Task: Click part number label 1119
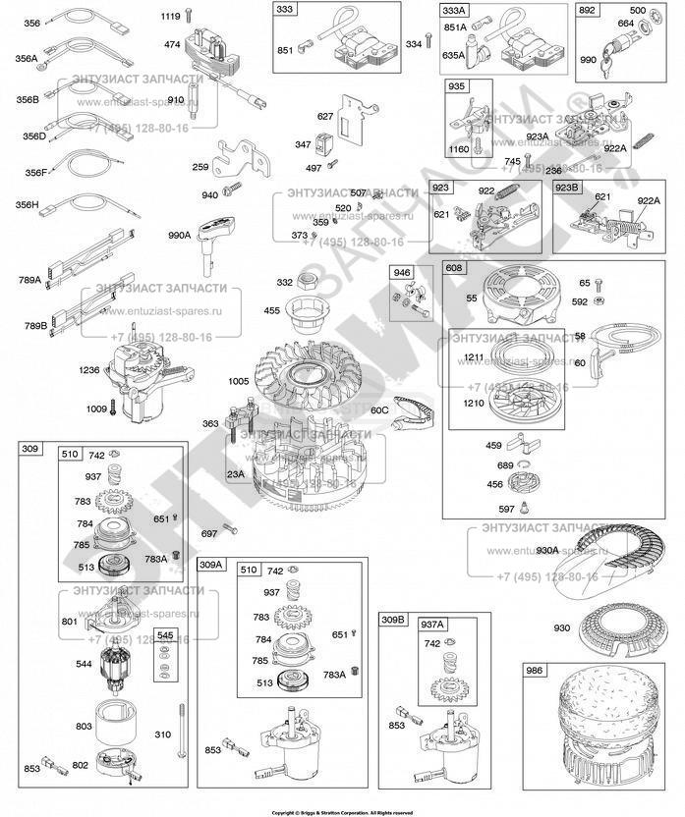[x=170, y=17]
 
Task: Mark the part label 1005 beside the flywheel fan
[x=240, y=380]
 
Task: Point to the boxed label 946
[x=402, y=271]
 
